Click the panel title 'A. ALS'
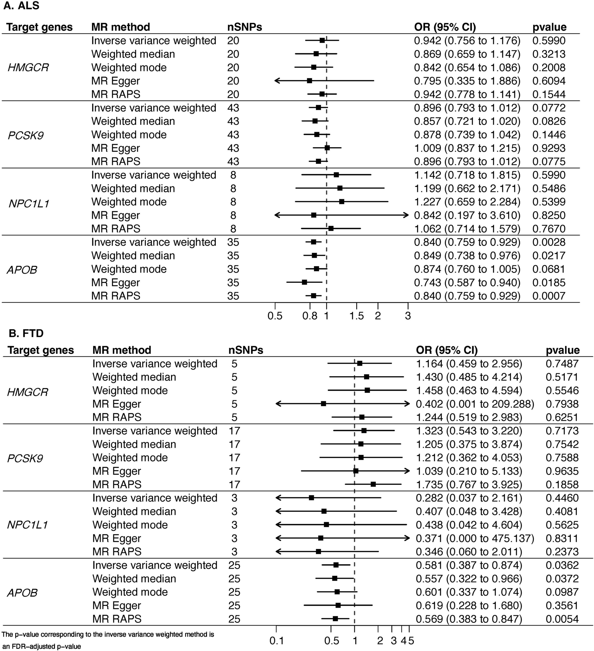(21, 6)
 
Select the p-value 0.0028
(549, 242)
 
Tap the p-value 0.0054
(562, 619)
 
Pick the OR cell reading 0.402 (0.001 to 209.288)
(475, 404)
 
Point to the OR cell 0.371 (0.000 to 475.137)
(475, 538)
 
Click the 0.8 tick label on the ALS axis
(310, 316)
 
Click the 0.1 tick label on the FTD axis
(276, 641)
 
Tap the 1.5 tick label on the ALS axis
(357, 316)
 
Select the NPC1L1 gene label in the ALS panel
(28, 204)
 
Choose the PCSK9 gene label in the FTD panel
(25, 459)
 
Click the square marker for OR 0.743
(304, 282)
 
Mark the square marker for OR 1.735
(373, 484)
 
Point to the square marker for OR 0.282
(311, 498)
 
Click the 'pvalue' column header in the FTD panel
(563, 350)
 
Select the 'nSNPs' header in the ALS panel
(244, 27)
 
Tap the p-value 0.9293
(549, 148)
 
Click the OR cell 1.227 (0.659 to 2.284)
(467, 202)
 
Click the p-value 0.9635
(562, 471)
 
